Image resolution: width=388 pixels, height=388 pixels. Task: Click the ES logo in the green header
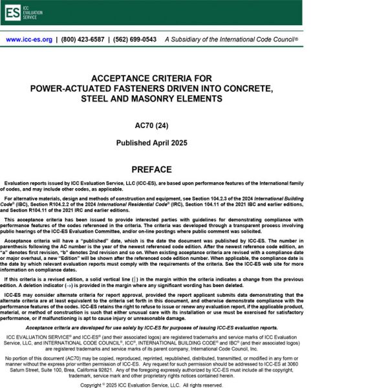[13, 12]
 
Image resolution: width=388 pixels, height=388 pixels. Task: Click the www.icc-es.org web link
[29, 39]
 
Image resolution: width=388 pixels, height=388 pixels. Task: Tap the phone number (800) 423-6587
[81, 39]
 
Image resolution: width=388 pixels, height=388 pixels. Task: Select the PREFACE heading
[151, 170]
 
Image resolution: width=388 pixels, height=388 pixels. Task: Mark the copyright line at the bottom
[151, 385]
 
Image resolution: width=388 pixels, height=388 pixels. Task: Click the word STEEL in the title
[95, 98]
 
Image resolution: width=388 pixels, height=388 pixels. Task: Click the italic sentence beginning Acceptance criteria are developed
[151, 328]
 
